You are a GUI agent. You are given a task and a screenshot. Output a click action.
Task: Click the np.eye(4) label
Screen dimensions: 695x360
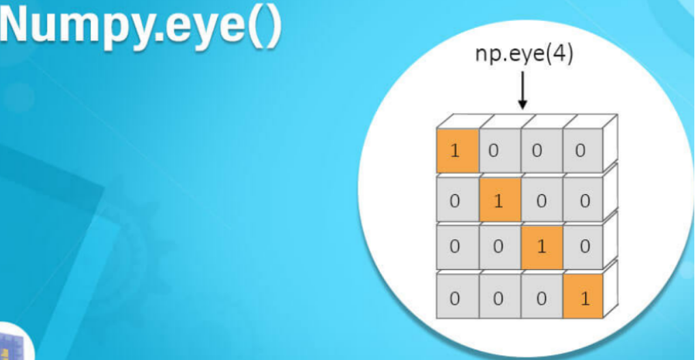(x=524, y=54)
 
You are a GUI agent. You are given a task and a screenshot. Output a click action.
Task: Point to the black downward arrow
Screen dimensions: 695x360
(x=523, y=91)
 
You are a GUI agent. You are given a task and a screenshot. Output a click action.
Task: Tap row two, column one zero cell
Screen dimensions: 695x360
(x=456, y=200)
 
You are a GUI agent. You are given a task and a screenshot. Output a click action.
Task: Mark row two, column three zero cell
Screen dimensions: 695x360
(x=542, y=200)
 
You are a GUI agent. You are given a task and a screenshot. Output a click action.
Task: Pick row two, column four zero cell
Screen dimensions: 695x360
(x=584, y=200)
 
